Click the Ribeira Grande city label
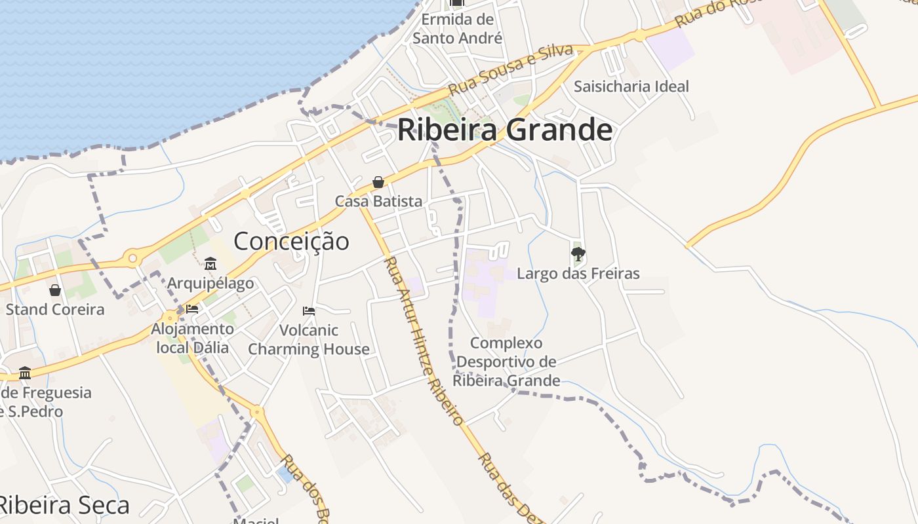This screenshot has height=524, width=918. [505, 130]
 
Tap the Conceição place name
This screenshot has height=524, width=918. [291, 241]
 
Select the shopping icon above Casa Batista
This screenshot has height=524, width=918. [378, 182]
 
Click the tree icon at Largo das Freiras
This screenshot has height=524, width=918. [578, 253]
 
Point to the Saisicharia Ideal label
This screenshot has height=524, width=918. [631, 86]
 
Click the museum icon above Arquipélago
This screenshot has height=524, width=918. [210, 264]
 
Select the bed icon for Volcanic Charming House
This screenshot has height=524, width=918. [309, 311]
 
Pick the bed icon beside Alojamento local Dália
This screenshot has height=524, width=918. [192, 309]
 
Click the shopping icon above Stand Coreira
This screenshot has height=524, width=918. [55, 290]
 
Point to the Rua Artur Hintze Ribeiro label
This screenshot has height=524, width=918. [424, 341]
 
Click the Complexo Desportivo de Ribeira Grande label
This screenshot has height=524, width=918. [506, 362]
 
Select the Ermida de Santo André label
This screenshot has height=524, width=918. [457, 29]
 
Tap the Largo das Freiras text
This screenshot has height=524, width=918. [578, 273]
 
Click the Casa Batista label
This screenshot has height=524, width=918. [378, 201]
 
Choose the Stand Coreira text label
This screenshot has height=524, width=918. [55, 309]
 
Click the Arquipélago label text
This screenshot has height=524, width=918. [210, 283]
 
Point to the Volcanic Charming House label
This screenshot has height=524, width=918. [309, 339]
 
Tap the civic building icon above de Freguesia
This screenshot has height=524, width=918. [25, 373]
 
